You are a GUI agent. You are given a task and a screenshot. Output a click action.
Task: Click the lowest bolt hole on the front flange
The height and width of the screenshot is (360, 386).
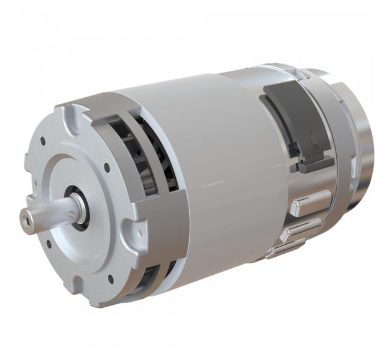110,278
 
